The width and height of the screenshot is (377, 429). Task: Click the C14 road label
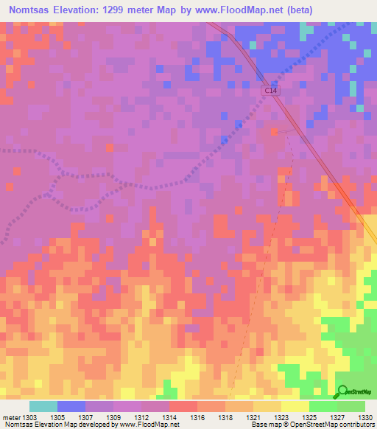pyautogui.click(x=272, y=90)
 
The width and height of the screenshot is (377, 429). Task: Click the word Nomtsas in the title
pyautogui.click(x=30, y=10)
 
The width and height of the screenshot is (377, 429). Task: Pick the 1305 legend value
pyautogui.click(x=58, y=416)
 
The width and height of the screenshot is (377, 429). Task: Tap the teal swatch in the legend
pyautogui.click(x=43, y=406)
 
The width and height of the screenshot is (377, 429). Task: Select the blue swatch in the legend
pyautogui.click(x=71, y=406)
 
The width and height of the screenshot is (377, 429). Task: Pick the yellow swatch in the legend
pyautogui.click(x=295, y=406)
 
